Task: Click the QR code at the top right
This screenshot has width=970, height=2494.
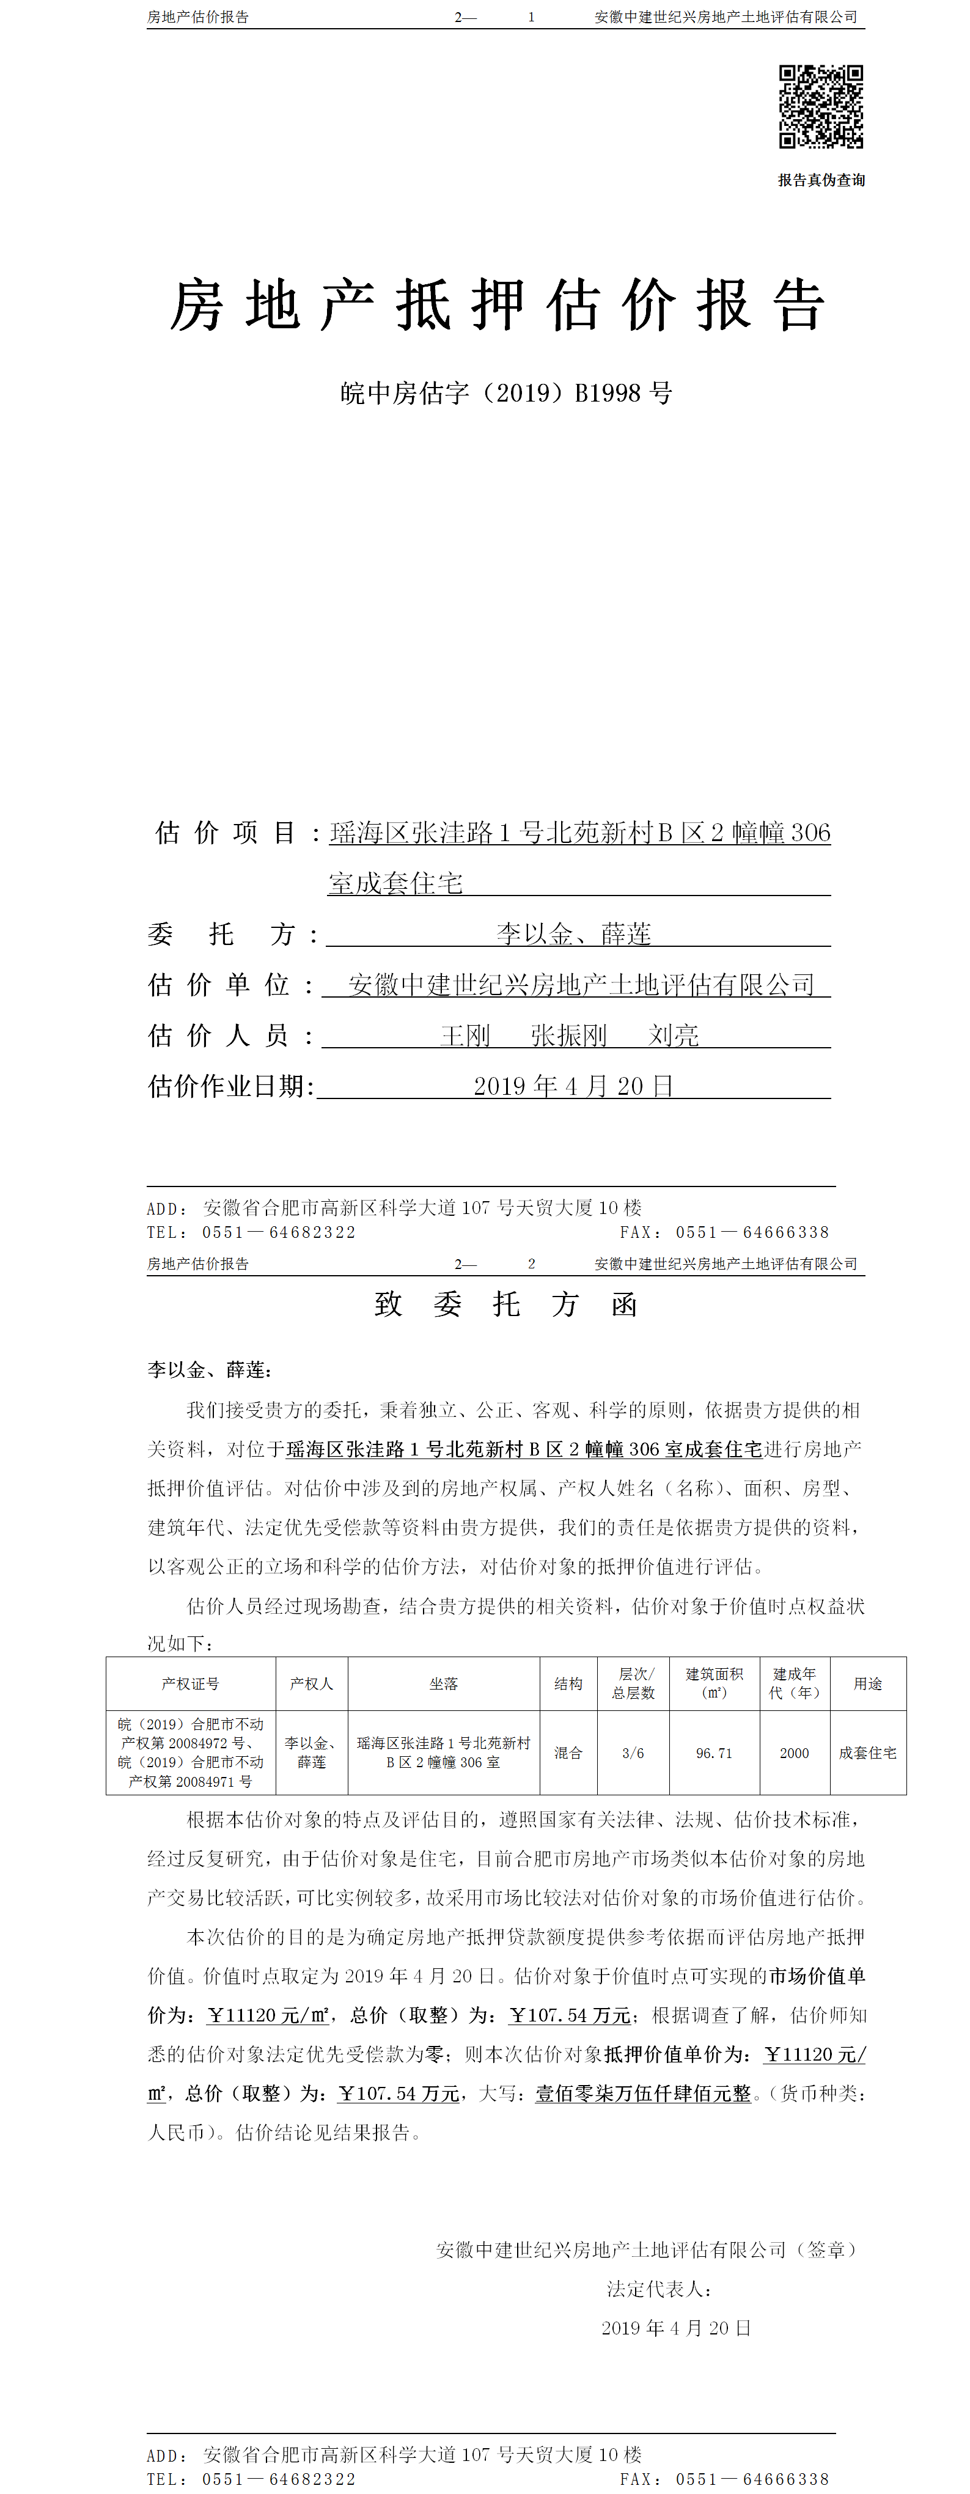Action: click(821, 106)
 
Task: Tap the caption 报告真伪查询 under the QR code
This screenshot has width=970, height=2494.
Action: click(821, 180)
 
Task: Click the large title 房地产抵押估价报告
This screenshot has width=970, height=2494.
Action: click(498, 305)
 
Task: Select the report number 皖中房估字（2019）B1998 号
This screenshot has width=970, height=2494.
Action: click(505, 393)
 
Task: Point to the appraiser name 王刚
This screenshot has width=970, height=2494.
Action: click(466, 1036)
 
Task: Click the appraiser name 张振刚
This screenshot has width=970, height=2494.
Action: click(568, 1036)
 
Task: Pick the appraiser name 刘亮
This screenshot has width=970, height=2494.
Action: click(673, 1036)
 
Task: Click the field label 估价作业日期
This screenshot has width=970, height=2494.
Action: click(230, 1086)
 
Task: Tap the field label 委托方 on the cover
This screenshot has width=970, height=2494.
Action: click(232, 934)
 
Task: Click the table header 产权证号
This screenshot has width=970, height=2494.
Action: click(191, 1683)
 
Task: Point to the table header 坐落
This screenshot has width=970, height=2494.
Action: click(443, 1683)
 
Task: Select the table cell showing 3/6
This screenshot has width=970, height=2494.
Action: click(633, 1753)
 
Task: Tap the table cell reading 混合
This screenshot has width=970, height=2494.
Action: click(568, 1753)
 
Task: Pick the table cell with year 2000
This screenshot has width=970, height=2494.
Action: click(794, 1753)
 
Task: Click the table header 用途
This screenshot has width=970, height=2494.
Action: click(867, 1683)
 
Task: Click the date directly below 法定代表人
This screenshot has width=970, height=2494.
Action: click(676, 2328)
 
